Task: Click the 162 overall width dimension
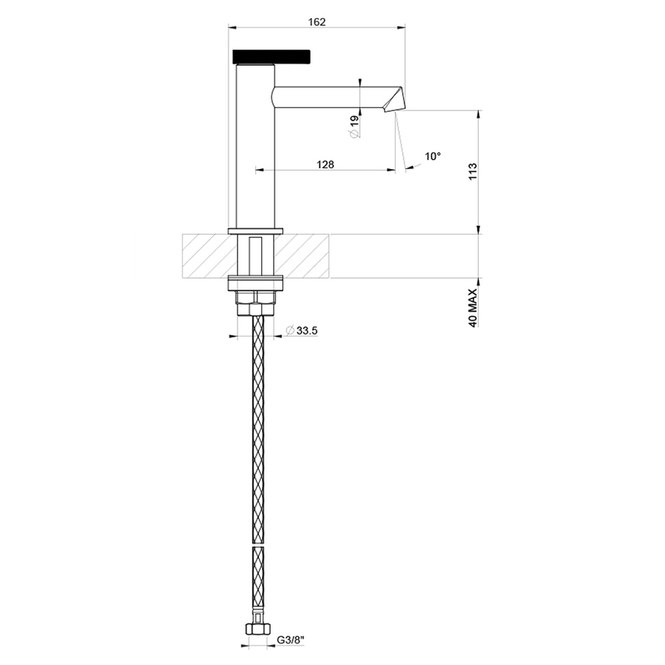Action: click(x=317, y=22)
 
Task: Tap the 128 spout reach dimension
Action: click(x=326, y=164)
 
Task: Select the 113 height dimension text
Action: click(x=472, y=171)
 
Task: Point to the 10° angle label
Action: click(x=433, y=156)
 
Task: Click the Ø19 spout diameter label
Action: click(x=354, y=126)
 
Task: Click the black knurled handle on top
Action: click(x=272, y=56)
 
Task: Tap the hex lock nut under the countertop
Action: click(x=255, y=299)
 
